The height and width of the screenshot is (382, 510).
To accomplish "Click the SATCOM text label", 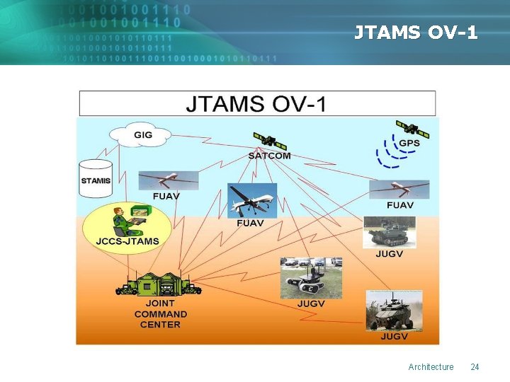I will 269,156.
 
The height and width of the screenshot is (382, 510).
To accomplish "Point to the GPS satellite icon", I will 412,129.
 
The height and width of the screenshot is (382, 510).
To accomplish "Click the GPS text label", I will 409,144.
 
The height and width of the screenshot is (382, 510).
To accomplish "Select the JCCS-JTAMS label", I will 127,241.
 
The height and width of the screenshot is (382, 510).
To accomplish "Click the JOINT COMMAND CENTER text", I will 161,314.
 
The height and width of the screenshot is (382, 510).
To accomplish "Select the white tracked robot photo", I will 311,277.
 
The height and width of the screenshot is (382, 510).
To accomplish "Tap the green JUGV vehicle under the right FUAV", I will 390,232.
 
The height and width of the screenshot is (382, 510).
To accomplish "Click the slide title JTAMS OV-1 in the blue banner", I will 416,33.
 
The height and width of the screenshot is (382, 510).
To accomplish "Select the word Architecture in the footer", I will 431,366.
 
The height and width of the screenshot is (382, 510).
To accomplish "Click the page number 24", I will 475,366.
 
